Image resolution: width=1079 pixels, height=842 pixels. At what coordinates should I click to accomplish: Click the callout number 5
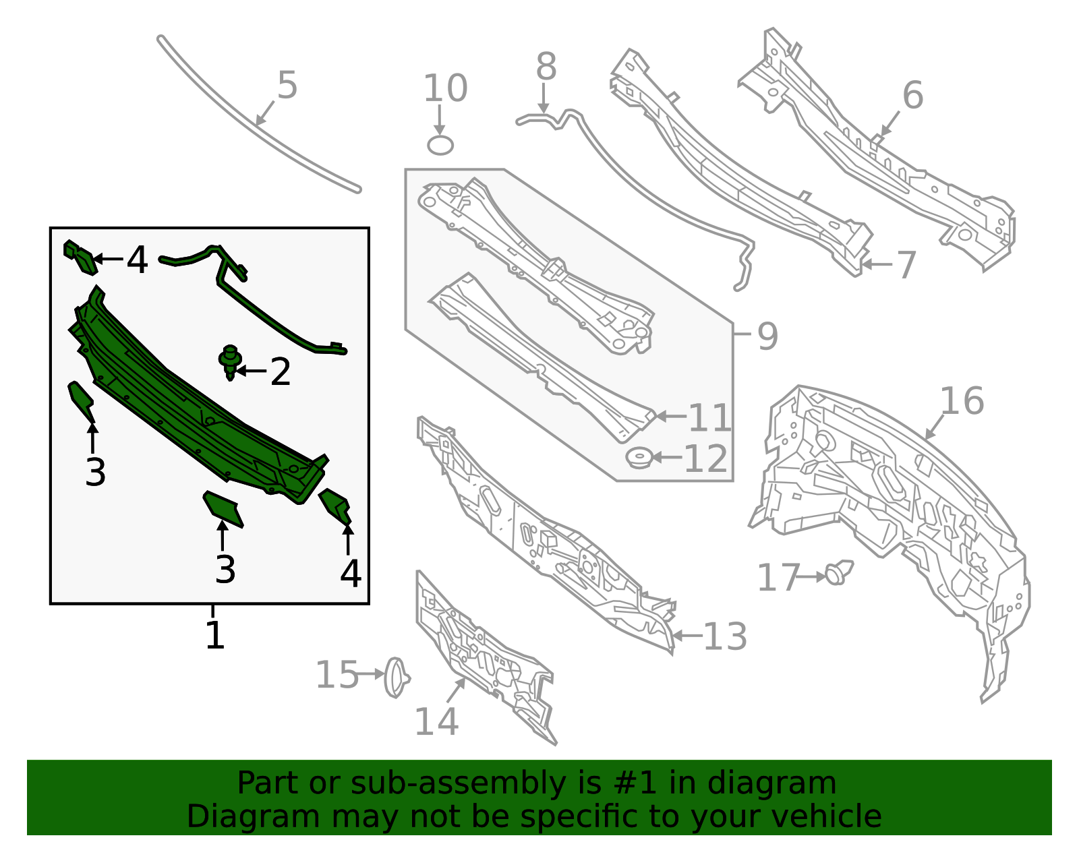(x=287, y=85)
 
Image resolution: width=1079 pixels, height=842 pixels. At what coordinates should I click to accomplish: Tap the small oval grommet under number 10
(x=440, y=146)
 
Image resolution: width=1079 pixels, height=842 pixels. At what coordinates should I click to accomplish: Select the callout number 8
(x=546, y=66)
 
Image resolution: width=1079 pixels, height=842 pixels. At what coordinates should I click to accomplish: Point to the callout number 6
(x=912, y=94)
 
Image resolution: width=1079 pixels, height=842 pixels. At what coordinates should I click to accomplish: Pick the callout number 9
(x=767, y=336)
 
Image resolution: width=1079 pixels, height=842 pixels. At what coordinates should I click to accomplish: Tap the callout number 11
(x=709, y=417)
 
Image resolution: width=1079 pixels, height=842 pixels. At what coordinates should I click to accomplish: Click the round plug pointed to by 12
(x=639, y=458)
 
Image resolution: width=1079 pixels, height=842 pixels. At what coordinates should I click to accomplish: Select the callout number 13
(x=725, y=636)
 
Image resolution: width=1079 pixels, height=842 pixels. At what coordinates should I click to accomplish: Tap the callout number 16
(x=962, y=400)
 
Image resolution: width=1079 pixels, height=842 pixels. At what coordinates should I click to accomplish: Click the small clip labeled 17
(x=839, y=573)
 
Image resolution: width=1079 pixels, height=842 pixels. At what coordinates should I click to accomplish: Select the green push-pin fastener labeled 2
(x=230, y=362)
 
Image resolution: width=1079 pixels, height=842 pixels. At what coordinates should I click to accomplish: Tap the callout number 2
(x=280, y=371)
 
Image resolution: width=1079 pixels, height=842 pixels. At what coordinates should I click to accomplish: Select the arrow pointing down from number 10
(x=440, y=119)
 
